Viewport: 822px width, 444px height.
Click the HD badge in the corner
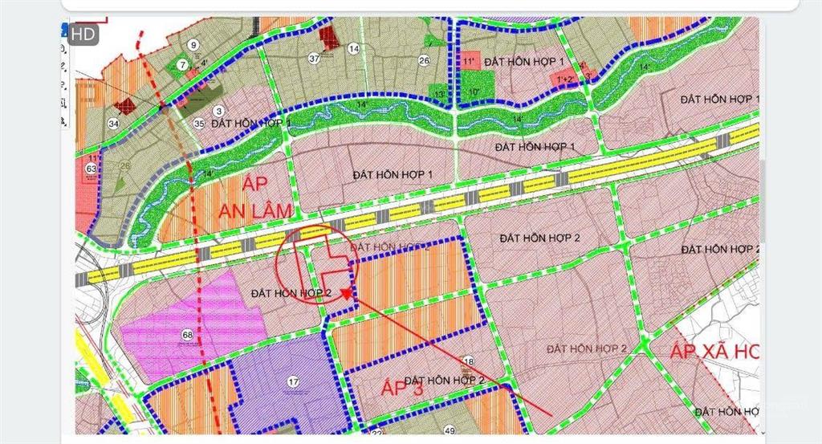tap(84, 35)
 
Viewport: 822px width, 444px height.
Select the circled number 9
tap(193, 45)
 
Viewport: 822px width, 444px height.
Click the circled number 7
tap(183, 64)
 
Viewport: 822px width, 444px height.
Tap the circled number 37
tap(314, 59)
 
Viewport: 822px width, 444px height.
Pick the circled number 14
tap(353, 49)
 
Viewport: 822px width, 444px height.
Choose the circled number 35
tap(199, 124)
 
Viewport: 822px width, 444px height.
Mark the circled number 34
tap(113, 124)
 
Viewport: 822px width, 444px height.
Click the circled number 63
tap(91, 169)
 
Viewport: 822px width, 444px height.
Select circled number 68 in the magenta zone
tap(187, 335)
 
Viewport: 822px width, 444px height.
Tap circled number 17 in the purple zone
tap(293, 381)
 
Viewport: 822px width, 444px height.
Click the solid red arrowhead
tap(345, 294)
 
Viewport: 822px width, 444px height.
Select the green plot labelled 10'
tap(474, 92)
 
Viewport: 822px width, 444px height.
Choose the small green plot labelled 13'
tap(439, 93)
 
